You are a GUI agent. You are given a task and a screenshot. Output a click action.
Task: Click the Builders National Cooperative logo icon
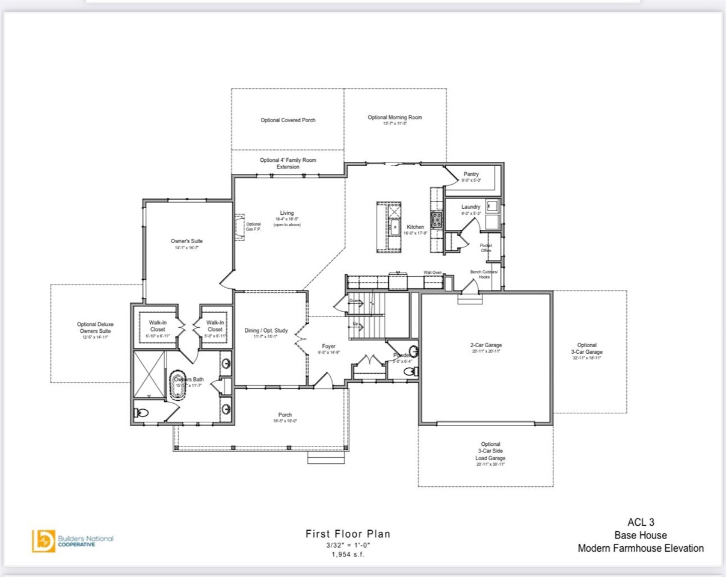43,540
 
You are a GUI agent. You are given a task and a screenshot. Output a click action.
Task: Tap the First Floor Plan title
348,534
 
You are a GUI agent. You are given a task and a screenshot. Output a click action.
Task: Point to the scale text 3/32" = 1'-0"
348,545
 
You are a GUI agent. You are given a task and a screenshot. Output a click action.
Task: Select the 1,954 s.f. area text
348,554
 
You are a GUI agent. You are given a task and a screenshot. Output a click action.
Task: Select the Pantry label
471,174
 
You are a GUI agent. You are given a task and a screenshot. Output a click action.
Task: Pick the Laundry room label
471,207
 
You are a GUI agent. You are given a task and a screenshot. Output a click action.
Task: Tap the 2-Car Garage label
485,345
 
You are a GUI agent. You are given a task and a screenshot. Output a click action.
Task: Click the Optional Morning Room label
395,117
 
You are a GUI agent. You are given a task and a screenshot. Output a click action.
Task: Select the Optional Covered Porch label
288,120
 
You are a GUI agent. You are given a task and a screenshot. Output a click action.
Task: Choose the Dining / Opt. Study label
266,330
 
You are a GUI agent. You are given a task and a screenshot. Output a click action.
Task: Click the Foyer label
328,346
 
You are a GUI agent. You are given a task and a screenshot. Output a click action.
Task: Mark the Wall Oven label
432,273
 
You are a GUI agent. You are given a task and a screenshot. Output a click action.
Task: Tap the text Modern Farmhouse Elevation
641,548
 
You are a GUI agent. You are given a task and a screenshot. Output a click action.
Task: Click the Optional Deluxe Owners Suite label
96,327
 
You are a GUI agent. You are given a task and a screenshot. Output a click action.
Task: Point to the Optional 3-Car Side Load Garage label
490,451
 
